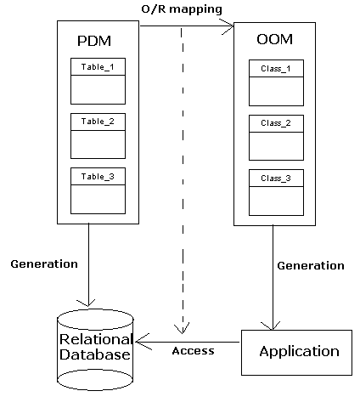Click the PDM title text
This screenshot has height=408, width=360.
[x=94, y=41]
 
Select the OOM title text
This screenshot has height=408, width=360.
[x=274, y=39]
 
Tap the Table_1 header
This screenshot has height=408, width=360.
[x=98, y=67]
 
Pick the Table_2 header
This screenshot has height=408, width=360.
[x=98, y=122]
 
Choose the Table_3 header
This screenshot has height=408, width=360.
[x=98, y=177]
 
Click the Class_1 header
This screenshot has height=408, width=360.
[x=276, y=69]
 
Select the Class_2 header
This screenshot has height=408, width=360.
[x=276, y=123]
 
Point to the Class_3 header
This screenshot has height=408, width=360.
[x=276, y=178]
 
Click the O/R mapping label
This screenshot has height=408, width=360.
[x=182, y=9]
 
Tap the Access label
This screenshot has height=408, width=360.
[x=193, y=351]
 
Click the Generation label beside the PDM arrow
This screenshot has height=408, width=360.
[x=44, y=264]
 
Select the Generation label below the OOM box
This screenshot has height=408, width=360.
[x=311, y=266]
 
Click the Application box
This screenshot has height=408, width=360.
[x=296, y=353]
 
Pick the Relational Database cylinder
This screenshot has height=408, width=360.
[x=95, y=349]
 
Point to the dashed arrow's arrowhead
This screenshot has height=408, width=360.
[x=182, y=329]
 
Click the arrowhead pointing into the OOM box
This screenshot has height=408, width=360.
[x=228, y=26]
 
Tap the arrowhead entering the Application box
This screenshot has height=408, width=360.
[x=271, y=326]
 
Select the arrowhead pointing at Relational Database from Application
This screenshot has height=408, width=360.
[x=143, y=342]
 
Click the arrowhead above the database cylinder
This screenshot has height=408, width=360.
[x=87, y=303]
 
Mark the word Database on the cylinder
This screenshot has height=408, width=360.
[x=95, y=354]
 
